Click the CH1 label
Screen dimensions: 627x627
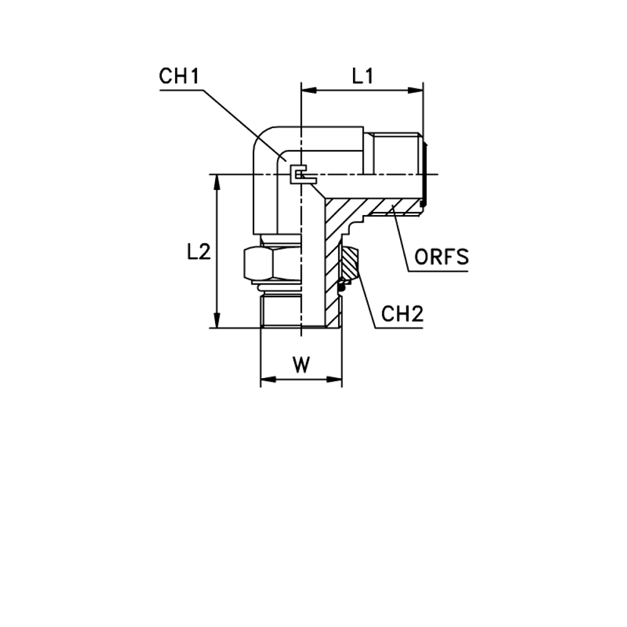179,76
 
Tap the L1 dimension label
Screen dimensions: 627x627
362,76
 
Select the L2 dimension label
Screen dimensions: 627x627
199,252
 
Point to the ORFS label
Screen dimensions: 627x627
441,256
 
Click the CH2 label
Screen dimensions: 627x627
402,314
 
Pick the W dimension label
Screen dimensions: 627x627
301,365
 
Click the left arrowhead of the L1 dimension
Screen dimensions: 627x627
308,90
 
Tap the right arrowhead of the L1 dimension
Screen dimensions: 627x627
416,90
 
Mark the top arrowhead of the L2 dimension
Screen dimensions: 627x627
217,182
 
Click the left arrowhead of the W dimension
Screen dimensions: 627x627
268,379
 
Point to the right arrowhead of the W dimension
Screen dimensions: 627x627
334,379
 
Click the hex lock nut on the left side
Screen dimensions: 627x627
272,263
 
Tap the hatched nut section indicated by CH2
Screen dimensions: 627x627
349,263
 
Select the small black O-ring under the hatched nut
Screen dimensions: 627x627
342,287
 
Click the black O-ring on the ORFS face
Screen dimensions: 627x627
424,174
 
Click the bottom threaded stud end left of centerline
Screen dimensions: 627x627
280,311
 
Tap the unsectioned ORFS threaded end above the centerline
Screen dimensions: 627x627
394,154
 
